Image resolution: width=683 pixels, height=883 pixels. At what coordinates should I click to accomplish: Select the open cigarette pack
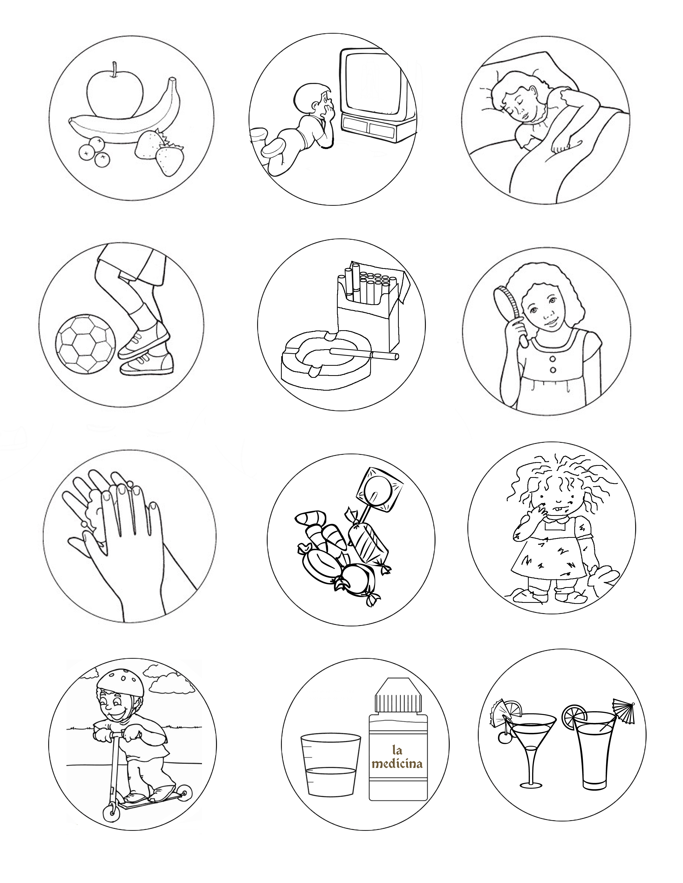[x=368, y=307]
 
